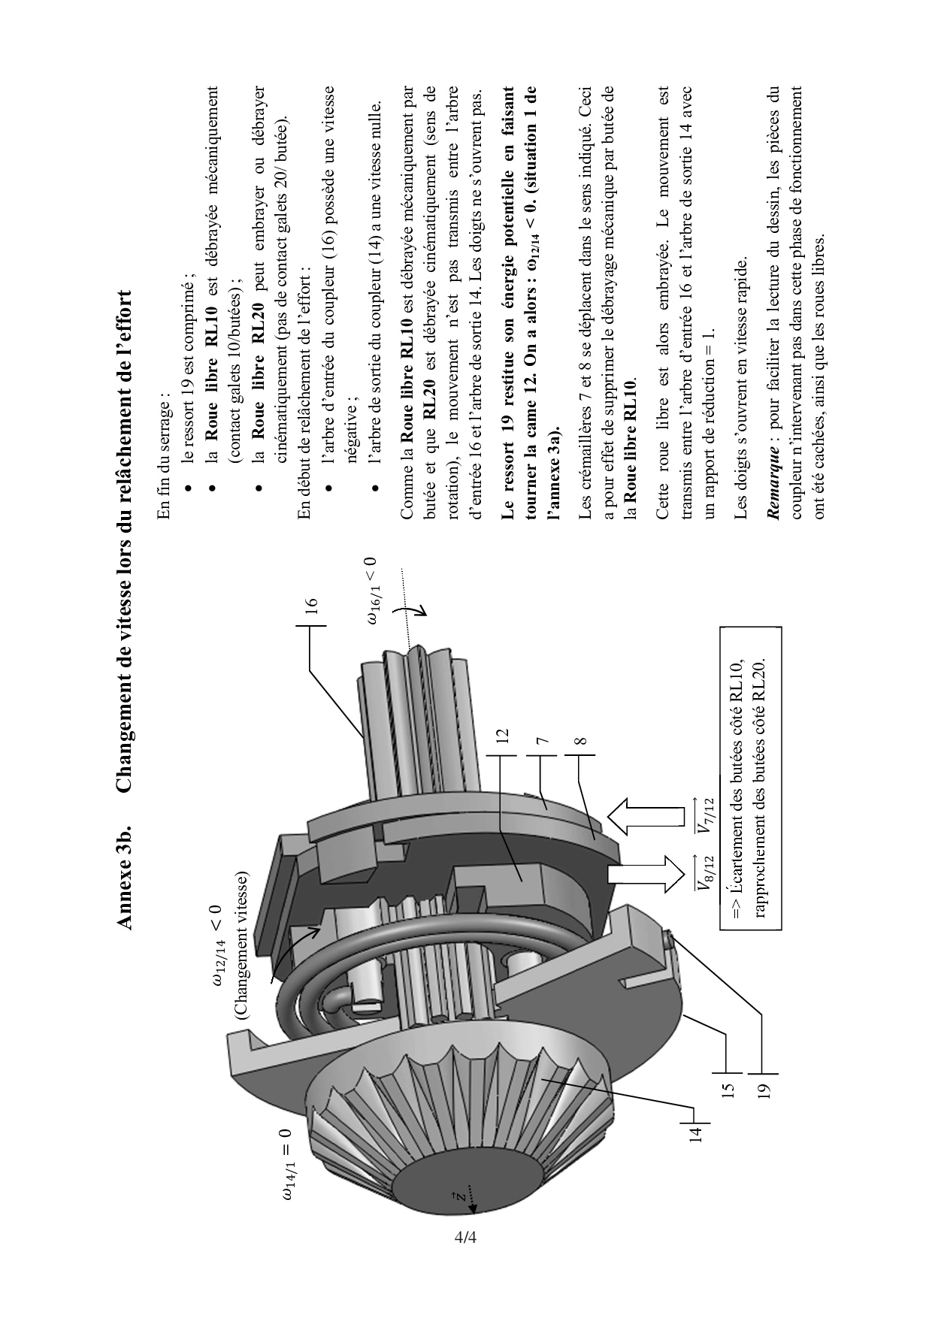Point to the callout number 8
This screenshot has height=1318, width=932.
[580, 740]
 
